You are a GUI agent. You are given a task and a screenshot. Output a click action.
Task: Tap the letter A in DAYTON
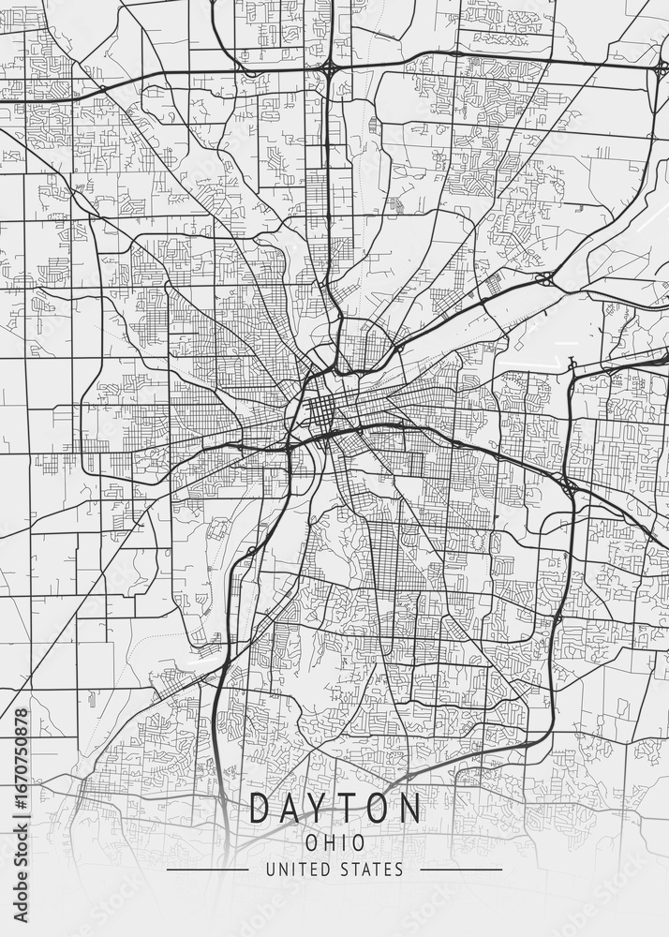294,809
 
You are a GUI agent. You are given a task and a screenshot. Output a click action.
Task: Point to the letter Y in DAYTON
324,809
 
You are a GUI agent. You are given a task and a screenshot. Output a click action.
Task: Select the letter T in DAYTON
352,809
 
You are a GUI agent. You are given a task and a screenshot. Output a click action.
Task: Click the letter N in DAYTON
409,809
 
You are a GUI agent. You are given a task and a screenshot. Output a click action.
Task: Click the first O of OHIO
310,841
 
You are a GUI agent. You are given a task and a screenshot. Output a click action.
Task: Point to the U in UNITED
271,870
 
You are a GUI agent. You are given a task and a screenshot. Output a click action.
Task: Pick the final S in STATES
399,870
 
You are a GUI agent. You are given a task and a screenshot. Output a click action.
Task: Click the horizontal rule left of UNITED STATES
207,870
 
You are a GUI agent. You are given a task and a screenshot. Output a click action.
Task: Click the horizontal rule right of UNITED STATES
461,870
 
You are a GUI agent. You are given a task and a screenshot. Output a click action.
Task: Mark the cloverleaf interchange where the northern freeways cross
330,69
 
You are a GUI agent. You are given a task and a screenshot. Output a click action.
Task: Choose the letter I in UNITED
291,870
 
